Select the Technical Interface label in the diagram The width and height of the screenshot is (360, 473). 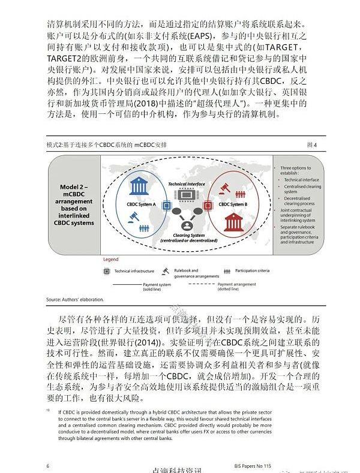pos(186,184)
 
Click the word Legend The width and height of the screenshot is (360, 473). pos(111,260)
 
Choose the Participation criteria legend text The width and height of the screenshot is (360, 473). pos(251,271)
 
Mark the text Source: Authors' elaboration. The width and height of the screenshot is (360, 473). pos(75,299)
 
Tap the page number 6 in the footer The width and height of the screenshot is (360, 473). pos(47,465)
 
